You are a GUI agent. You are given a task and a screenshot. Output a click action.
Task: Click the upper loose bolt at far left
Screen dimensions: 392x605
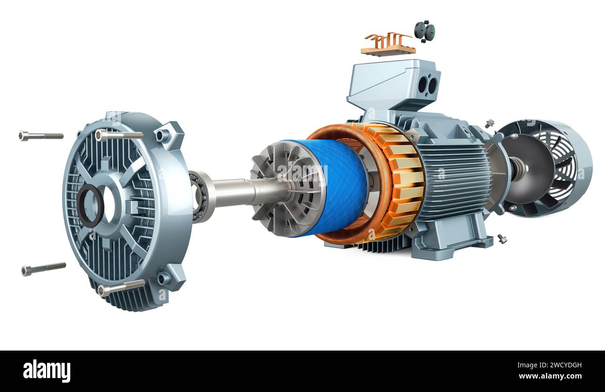40,135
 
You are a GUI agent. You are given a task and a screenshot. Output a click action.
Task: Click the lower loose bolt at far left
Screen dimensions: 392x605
43,269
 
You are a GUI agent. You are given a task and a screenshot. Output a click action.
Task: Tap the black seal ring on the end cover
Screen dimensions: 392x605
90,205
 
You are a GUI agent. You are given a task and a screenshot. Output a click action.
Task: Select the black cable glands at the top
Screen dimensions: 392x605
424,31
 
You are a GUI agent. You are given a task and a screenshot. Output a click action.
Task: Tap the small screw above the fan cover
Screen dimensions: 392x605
489,123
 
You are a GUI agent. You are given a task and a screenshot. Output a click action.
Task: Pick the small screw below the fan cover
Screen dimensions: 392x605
502,239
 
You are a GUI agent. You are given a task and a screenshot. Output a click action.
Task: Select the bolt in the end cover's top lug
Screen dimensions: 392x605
119,135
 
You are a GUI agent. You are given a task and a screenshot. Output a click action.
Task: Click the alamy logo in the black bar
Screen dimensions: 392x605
47,371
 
